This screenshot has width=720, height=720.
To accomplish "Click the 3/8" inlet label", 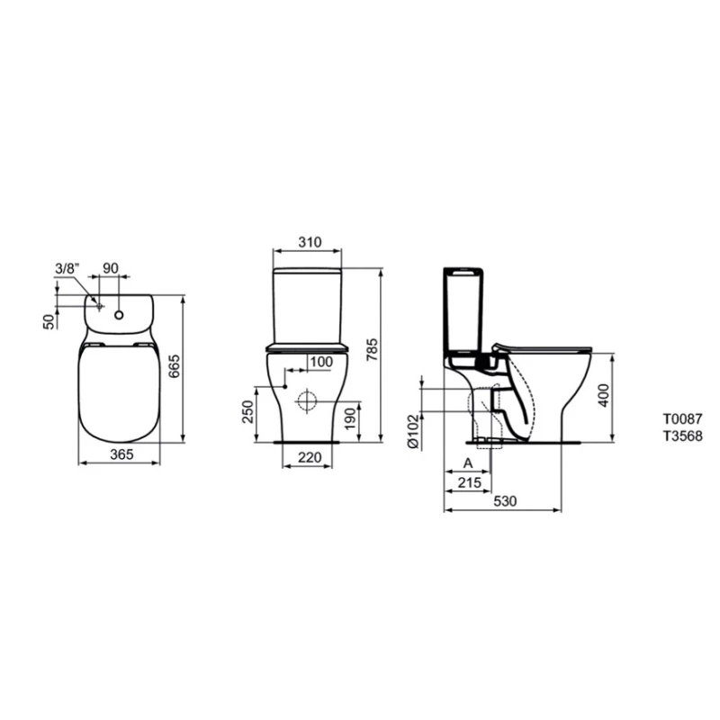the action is pos(67,268).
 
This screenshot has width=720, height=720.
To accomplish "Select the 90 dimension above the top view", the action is pos(111,268).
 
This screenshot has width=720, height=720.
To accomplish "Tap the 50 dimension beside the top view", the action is pos(49,321).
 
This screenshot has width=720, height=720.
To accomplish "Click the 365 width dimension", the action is pos(121,454).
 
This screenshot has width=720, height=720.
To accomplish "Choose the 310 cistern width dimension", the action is pos(310,242).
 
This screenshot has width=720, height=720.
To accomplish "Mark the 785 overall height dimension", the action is pos(372,349).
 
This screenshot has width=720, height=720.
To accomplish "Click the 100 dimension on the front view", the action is pos(321,362).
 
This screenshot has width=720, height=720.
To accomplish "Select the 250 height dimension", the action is pos(248,412).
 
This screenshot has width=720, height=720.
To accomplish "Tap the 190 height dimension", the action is pos(350,418).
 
